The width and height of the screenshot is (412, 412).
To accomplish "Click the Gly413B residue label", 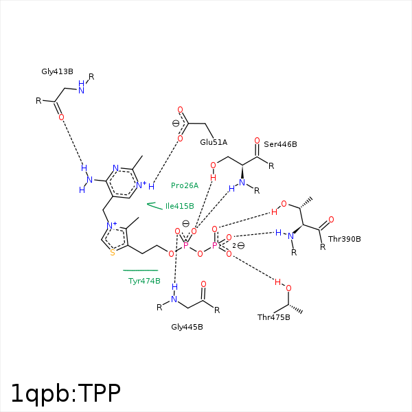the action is (57, 71).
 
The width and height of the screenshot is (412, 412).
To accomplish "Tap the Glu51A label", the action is (214, 142).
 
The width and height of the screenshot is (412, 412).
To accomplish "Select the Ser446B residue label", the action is (280, 144).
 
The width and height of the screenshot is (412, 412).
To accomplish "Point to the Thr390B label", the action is (345, 239).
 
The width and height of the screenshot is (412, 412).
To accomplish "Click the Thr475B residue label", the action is (274, 317).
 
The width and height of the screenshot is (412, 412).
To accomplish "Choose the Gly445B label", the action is (187, 327).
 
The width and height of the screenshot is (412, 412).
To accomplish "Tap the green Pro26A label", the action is (185, 185).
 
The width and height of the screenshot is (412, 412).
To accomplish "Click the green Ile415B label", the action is (180, 206).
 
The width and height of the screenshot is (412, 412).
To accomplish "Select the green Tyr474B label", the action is (144, 281).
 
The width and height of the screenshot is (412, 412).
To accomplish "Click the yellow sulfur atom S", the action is (113, 253).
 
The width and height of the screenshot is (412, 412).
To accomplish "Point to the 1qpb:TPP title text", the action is (66, 393).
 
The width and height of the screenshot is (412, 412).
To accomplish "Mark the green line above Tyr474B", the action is (141, 270).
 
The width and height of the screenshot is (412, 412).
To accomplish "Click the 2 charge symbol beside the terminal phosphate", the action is (234, 246).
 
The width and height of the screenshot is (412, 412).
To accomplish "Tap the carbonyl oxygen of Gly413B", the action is (61, 117).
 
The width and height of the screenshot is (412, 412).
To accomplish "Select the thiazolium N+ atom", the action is (112, 225).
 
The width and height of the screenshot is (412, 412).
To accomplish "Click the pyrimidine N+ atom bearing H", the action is (141, 185).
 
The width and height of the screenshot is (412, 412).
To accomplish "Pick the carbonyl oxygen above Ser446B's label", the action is (257, 141).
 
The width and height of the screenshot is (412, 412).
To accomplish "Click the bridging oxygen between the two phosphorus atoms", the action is (200, 253).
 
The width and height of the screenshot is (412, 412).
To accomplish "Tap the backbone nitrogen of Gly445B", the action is (174, 299).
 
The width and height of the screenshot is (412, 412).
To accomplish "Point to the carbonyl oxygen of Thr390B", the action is (331, 220).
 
